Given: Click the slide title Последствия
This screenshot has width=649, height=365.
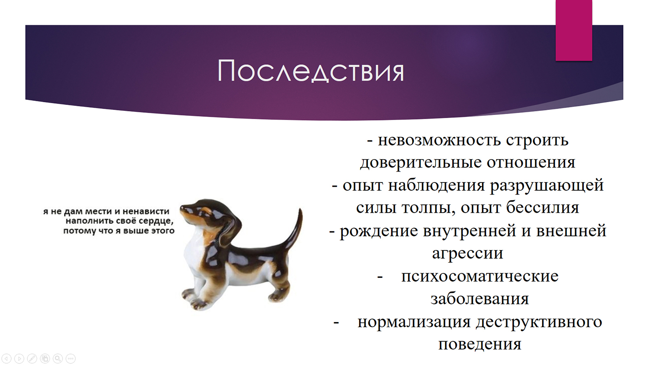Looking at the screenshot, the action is point(310,71).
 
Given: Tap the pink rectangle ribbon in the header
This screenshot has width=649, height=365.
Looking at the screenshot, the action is point(574,30).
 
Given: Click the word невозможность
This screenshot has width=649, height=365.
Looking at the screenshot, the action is point(439,140).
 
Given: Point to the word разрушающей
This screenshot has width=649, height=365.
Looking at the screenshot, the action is point(547,185).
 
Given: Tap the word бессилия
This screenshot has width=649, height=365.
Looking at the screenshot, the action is point(543,208).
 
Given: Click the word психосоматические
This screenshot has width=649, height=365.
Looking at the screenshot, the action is point(480,276).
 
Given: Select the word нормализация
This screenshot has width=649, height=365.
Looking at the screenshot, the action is point(414,322).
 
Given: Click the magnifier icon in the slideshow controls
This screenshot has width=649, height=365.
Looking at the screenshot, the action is point(58,358).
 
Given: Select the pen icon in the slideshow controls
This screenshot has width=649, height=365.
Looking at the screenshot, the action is point(32,358).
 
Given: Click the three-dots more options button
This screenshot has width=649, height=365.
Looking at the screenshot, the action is point(70,358).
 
